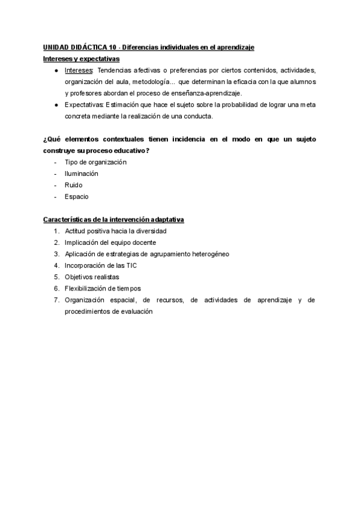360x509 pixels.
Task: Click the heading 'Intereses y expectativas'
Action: [82, 59]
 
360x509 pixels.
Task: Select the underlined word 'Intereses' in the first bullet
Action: [79, 70]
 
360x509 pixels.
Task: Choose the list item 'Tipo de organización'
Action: [95, 162]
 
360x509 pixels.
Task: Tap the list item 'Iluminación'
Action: [82, 173]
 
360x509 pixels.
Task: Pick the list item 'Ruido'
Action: [74, 185]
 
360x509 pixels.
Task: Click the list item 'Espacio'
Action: [77, 196]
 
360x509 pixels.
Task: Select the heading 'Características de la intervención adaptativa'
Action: [113, 220]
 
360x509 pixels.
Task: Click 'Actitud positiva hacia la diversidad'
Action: [115, 231]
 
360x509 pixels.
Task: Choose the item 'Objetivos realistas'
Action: [92, 277]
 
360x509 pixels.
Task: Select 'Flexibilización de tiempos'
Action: [103, 288]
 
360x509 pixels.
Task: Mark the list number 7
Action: [55, 300]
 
